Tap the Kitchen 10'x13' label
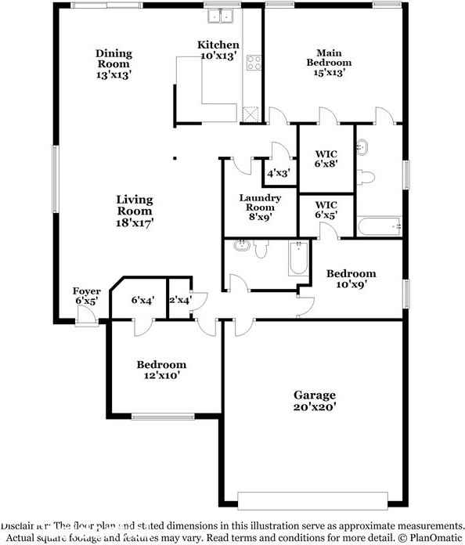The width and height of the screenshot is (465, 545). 218,51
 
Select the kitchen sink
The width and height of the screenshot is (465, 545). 221,16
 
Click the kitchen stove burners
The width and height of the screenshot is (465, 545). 253,63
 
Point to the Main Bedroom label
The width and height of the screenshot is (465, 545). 328,63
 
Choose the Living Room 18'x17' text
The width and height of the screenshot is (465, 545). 135,211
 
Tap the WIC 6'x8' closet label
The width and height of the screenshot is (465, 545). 326,159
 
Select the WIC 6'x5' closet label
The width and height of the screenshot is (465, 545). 326,209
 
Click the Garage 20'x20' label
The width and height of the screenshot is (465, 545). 315,400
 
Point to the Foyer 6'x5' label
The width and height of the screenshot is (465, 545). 87,296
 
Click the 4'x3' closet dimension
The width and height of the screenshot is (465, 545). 279,173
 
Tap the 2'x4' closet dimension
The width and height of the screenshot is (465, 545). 179,299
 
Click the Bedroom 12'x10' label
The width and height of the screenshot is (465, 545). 161,370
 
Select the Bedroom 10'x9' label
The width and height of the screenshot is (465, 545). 351,279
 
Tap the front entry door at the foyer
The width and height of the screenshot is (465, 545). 87,318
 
